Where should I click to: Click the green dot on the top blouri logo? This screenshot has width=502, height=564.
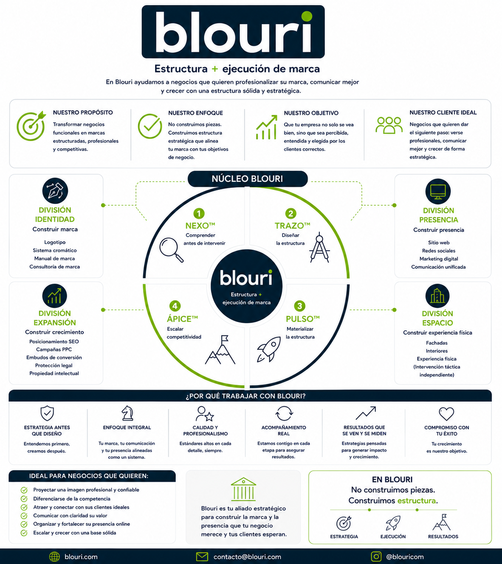tap(307, 16)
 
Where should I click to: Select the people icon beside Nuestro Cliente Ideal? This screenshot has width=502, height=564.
tap(389, 125)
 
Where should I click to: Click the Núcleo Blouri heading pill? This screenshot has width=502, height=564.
tap(248, 179)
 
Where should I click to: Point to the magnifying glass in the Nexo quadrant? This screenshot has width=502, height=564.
tap(171, 250)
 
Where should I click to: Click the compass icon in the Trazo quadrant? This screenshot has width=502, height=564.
tap(320, 247)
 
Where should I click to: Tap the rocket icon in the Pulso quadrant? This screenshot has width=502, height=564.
tap(269, 349)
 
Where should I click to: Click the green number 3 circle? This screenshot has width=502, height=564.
tap(299, 306)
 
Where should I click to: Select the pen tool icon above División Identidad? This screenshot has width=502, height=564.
tap(55, 191)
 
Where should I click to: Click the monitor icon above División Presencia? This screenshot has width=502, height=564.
tap(438, 192)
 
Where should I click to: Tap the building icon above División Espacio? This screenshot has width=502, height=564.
tap(437, 296)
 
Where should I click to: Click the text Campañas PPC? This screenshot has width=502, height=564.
tap(54, 349)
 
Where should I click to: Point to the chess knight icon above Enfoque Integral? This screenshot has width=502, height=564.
tap(127, 413)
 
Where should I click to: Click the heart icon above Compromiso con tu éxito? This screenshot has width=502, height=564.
tap(446, 414)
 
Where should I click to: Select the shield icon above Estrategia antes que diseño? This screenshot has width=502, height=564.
tap(47, 413)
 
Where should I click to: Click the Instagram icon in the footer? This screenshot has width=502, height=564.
tap(376, 556)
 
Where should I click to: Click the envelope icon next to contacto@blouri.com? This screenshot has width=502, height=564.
tap(202, 556)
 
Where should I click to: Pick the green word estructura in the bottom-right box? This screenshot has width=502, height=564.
tap(416, 500)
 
